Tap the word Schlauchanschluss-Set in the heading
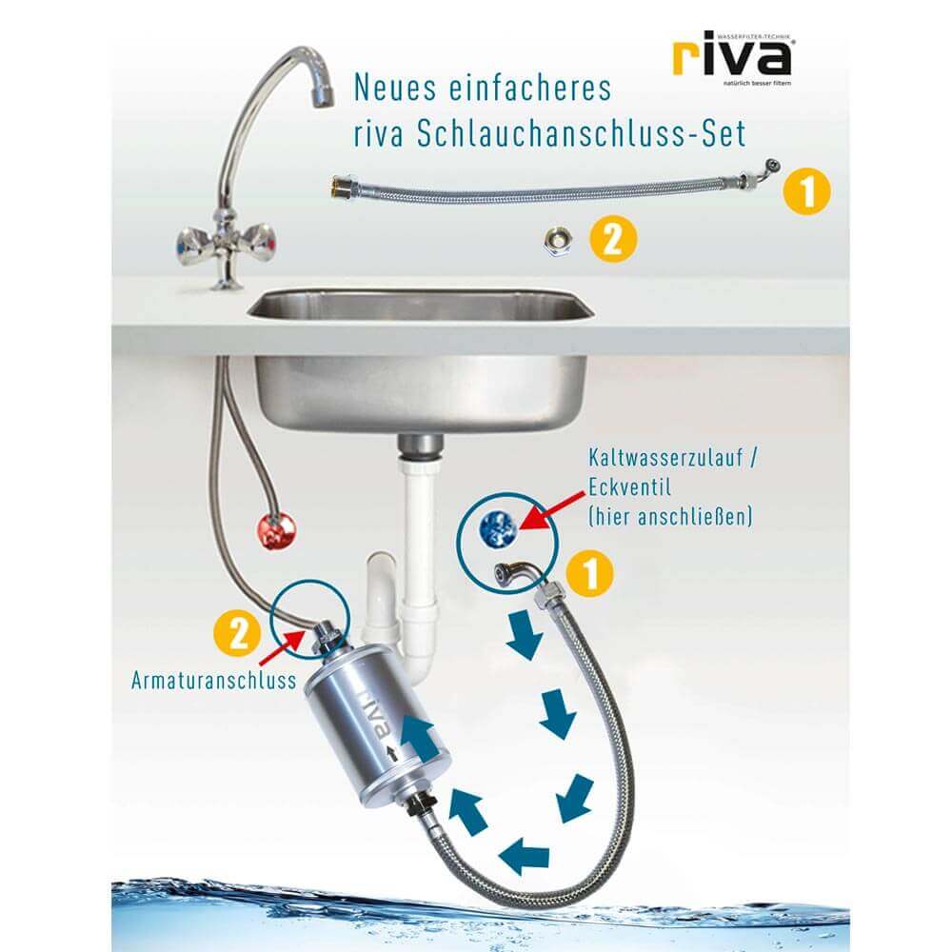coord(583,133)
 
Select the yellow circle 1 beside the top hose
coord(807,191)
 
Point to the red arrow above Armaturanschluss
coord(282,650)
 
